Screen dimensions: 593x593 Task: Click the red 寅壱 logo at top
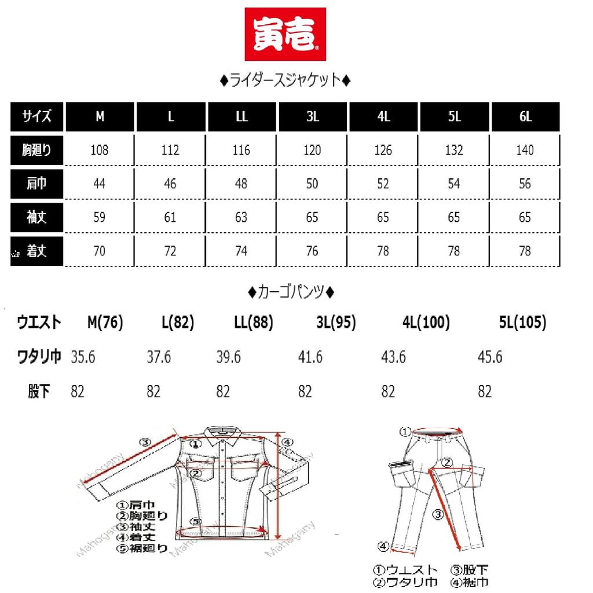(x=284, y=34)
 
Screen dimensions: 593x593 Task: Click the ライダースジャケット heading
(x=285, y=81)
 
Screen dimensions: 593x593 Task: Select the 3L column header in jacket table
(x=313, y=116)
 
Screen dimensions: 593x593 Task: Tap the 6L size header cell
(x=525, y=116)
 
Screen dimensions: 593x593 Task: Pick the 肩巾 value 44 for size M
(x=100, y=184)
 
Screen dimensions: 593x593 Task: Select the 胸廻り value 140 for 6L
(x=525, y=151)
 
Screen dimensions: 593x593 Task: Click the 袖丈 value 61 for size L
(x=170, y=218)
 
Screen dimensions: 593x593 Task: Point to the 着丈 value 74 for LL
(x=241, y=251)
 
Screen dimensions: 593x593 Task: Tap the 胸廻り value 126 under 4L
(x=383, y=151)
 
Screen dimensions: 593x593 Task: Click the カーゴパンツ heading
(x=290, y=291)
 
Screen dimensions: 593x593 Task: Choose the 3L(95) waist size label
(x=336, y=323)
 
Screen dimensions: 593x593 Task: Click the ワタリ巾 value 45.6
(x=489, y=357)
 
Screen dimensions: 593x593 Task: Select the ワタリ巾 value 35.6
(x=83, y=357)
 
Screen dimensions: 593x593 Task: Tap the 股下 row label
(x=38, y=392)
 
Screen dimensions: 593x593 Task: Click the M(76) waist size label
(x=104, y=323)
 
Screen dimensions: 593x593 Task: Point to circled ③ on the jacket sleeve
(x=146, y=442)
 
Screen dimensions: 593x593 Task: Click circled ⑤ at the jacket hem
(x=196, y=521)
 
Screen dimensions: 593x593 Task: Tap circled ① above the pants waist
(x=406, y=431)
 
